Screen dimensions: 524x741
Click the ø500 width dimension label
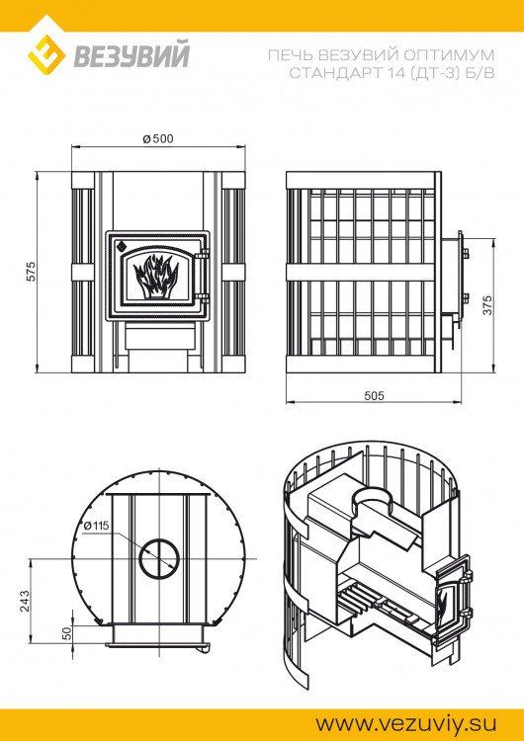click(x=158, y=138)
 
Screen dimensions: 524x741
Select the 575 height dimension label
click(x=31, y=272)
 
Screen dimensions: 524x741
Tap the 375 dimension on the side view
click(x=487, y=305)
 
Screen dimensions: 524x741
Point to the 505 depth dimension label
click(x=374, y=395)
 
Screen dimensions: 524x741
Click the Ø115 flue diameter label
click(x=96, y=525)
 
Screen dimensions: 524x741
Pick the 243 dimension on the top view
click(x=24, y=601)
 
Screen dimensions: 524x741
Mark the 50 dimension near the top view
click(x=66, y=632)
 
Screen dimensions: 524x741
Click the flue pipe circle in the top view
click(x=159, y=557)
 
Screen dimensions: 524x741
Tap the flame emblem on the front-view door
click(x=156, y=277)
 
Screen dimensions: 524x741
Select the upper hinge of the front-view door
click(x=205, y=254)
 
